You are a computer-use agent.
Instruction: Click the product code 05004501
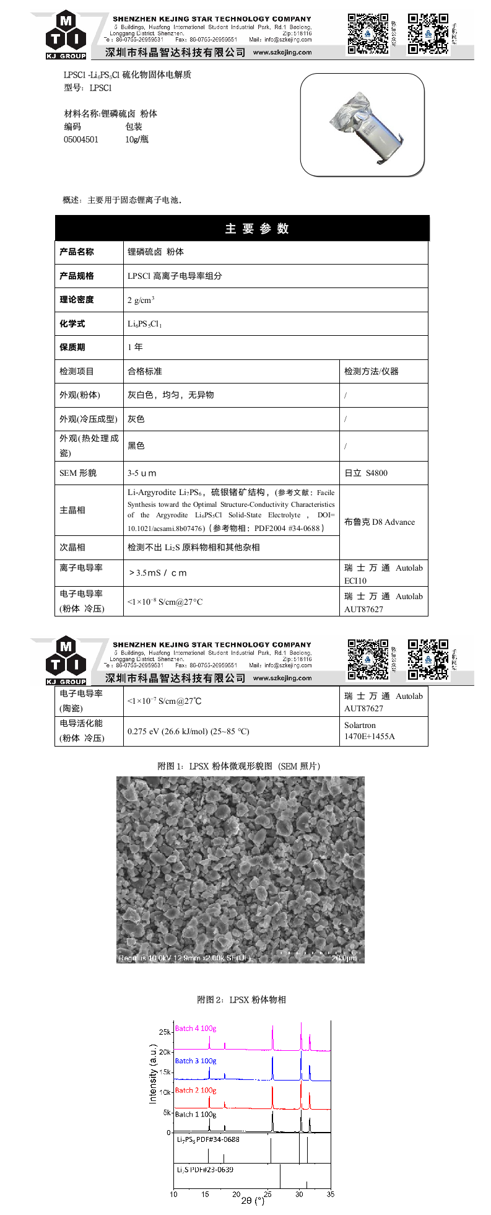[81, 139]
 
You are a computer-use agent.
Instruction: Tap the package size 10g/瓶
[137, 139]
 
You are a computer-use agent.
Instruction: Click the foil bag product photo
[363, 125]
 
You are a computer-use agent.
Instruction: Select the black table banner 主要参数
[242, 228]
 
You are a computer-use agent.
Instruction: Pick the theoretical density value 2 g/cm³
[141, 300]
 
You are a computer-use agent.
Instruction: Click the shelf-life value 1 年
[135, 347]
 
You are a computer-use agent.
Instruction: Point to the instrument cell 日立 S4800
[366, 473]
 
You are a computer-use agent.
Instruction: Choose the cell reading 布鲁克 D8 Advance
[380, 522]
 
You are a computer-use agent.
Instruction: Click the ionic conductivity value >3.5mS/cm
[157, 572]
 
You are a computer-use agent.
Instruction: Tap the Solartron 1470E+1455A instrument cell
[370, 731]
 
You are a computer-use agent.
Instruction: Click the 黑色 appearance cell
[136, 446]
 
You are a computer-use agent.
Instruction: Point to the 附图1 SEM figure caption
[239, 766]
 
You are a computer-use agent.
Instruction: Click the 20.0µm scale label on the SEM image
[344, 958]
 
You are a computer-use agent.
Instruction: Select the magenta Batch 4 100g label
[196, 1029]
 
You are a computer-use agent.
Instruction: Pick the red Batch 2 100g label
[196, 1090]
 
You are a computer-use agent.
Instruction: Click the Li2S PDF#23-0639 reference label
[205, 1170]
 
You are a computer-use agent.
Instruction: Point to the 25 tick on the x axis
[267, 1194]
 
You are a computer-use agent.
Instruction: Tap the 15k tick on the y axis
[165, 1072]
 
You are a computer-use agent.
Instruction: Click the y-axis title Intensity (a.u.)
[153, 1074]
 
